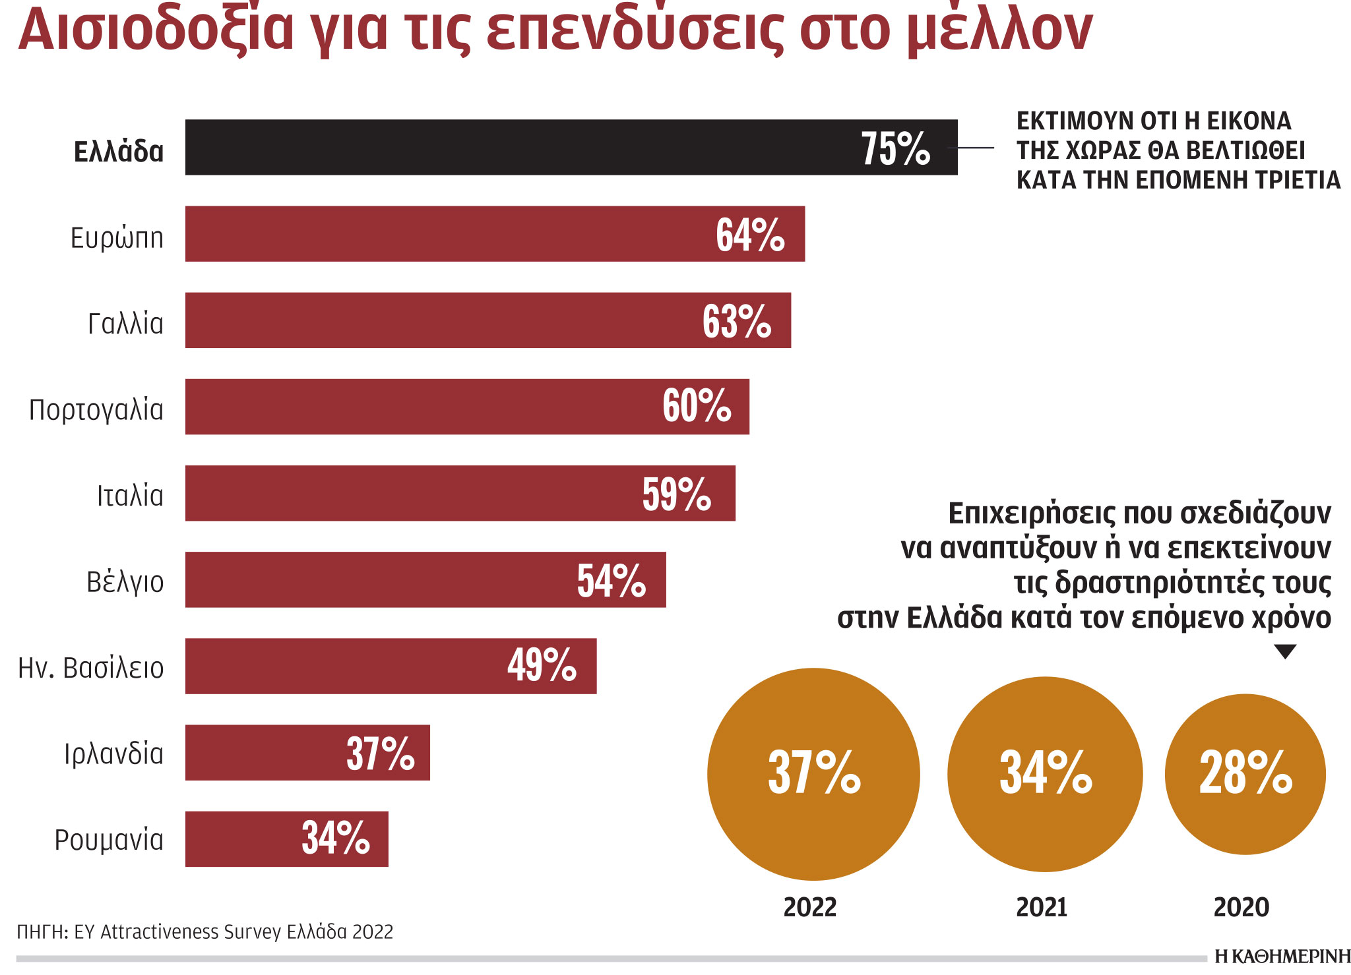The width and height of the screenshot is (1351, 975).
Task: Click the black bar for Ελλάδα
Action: (x=515, y=147)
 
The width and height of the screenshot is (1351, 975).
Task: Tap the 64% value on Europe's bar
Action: (x=750, y=235)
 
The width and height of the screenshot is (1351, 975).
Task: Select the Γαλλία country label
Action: (x=125, y=324)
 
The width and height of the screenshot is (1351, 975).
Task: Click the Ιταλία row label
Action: (x=130, y=496)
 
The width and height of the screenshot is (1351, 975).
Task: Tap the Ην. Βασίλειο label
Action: (x=90, y=668)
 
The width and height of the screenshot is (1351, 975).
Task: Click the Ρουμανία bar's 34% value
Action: (x=335, y=838)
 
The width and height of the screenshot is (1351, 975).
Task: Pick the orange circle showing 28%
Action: (x=1245, y=774)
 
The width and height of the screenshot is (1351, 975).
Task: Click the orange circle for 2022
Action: (x=813, y=774)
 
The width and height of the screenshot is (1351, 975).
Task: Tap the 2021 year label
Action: (x=1042, y=908)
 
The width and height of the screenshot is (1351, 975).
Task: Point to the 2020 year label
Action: (x=1241, y=908)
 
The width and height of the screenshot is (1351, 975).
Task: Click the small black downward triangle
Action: (x=1285, y=651)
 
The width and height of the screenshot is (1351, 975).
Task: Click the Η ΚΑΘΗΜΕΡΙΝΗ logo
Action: (x=1282, y=957)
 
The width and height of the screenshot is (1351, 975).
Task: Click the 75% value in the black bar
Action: (x=895, y=148)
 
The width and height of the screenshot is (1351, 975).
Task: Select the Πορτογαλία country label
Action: (x=96, y=410)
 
